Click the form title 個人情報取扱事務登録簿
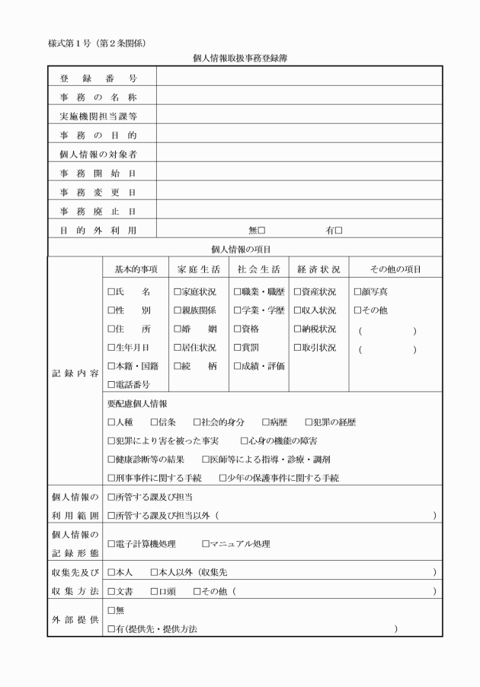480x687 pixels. pyautogui.click(x=240, y=57)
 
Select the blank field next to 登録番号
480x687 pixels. pyautogui.click(x=299, y=78)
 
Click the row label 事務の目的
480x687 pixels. pyautogui.click(x=98, y=135)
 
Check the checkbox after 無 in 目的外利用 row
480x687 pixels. pyautogui.click(x=261, y=231)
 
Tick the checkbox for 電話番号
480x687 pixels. pyautogui.click(x=111, y=384)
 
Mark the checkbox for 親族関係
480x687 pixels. pyautogui.click(x=177, y=310)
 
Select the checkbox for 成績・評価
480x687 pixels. pyautogui.click(x=238, y=366)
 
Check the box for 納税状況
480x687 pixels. pyautogui.click(x=297, y=329)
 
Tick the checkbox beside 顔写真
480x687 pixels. pyautogui.click(x=357, y=291)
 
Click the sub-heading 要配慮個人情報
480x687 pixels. pyautogui.click(x=137, y=403)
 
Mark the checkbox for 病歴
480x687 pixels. pyautogui.click(x=265, y=422)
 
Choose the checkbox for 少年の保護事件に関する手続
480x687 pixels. pyautogui.click(x=222, y=478)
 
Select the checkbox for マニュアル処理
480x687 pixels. pyautogui.click(x=206, y=544)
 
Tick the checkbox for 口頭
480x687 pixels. pyautogui.click(x=155, y=591)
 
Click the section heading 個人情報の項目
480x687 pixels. pyautogui.click(x=241, y=249)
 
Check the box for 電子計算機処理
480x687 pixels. pyautogui.click(x=111, y=544)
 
